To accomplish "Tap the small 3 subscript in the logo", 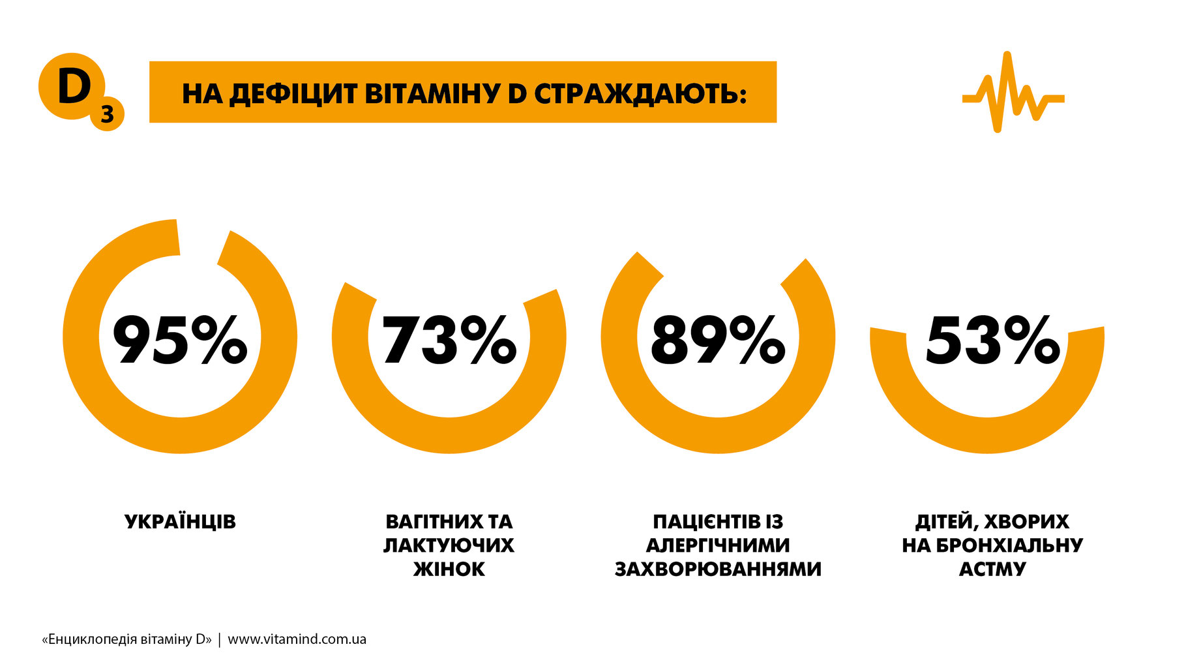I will tap(107, 115).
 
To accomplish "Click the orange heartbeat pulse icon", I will tap(1013, 93).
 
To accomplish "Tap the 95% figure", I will tap(180, 339).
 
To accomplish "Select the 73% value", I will tap(449, 339).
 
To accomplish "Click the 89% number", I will tap(718, 339).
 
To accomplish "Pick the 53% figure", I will tap(992, 339).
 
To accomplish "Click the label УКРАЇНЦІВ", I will tap(180, 522).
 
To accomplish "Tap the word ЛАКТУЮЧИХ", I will tap(449, 545).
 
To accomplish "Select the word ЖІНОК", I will tap(449, 569).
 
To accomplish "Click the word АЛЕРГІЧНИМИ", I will tap(718, 545).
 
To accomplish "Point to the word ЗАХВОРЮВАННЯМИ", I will tap(718, 569).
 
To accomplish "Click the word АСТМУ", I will tap(992, 569).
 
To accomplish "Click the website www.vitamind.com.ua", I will tap(297, 639).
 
